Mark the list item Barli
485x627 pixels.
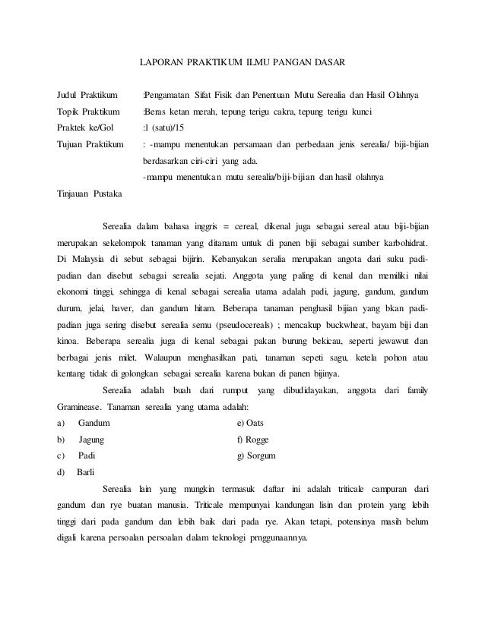click(x=87, y=472)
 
